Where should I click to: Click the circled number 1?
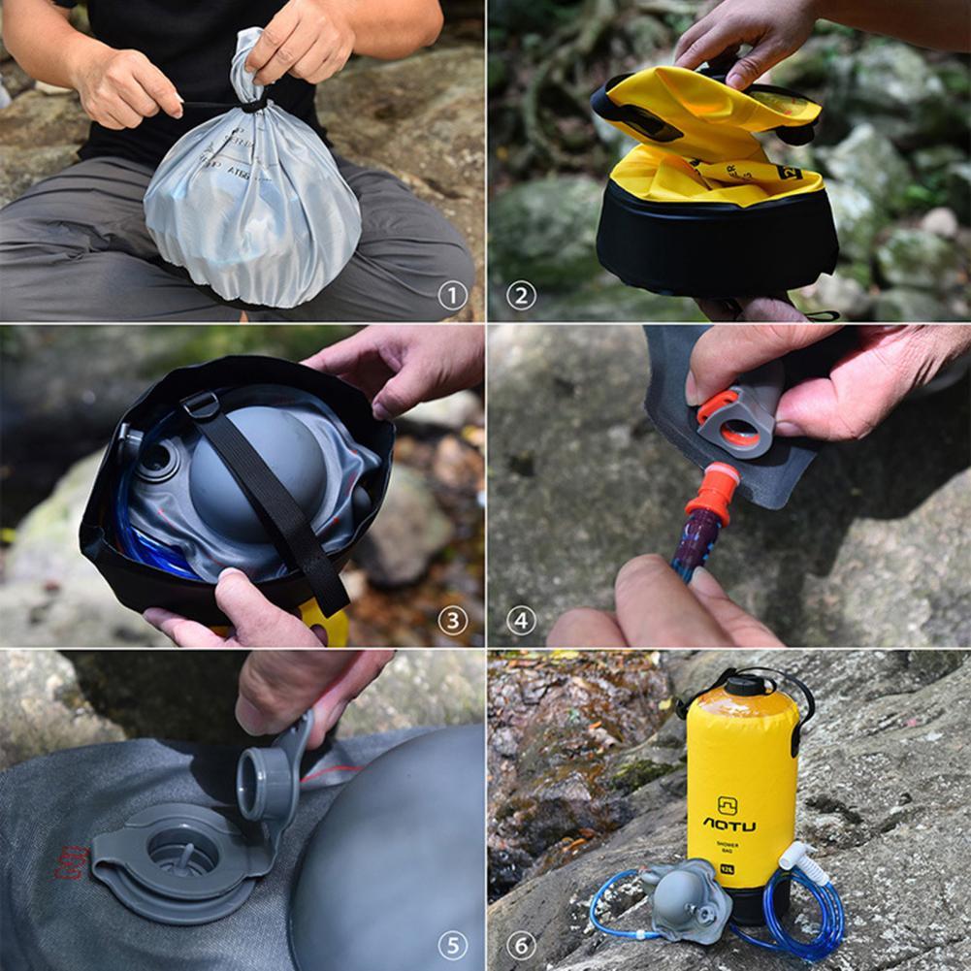pos(452,295)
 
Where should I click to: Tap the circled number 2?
pos(521,295)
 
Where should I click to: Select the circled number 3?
pos(452,620)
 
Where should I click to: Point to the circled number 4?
pos(521,620)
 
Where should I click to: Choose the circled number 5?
pos(452,945)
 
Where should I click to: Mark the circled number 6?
pos(521,945)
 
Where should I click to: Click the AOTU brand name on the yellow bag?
pos(728,825)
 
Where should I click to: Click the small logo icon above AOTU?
pos(728,804)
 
